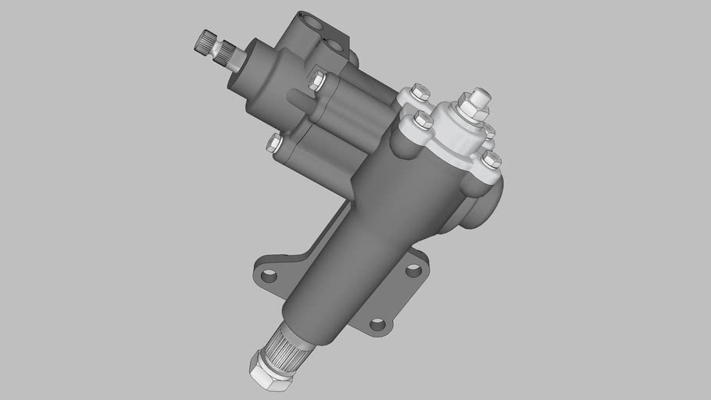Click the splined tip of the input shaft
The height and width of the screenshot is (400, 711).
205,41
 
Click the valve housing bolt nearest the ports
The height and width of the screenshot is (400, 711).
316,79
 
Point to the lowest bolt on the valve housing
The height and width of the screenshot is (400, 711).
274,142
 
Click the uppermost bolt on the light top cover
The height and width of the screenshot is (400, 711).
419,93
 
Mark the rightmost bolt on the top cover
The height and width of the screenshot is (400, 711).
491,160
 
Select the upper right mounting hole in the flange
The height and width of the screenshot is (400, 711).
413,270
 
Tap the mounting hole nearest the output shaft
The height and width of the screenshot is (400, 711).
377,323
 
